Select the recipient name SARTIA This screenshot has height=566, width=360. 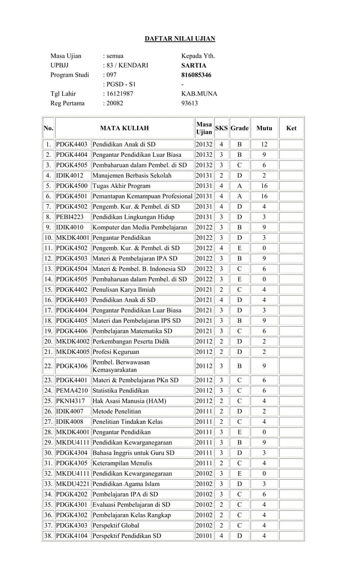click(x=193, y=65)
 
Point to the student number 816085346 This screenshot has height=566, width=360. click(x=196, y=75)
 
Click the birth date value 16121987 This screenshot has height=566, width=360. click(x=118, y=94)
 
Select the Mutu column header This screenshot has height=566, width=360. click(x=264, y=128)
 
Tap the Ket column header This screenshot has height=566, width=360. click(x=291, y=128)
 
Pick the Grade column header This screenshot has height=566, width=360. click(x=239, y=128)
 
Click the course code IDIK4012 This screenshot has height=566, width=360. click(x=69, y=175)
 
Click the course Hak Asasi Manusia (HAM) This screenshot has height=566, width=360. click(x=125, y=401)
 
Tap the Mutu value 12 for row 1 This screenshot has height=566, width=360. click(x=264, y=144)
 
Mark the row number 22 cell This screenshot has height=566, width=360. click(x=48, y=366)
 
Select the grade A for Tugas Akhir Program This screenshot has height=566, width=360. click(x=239, y=186)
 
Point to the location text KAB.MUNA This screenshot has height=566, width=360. click(x=199, y=94)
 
